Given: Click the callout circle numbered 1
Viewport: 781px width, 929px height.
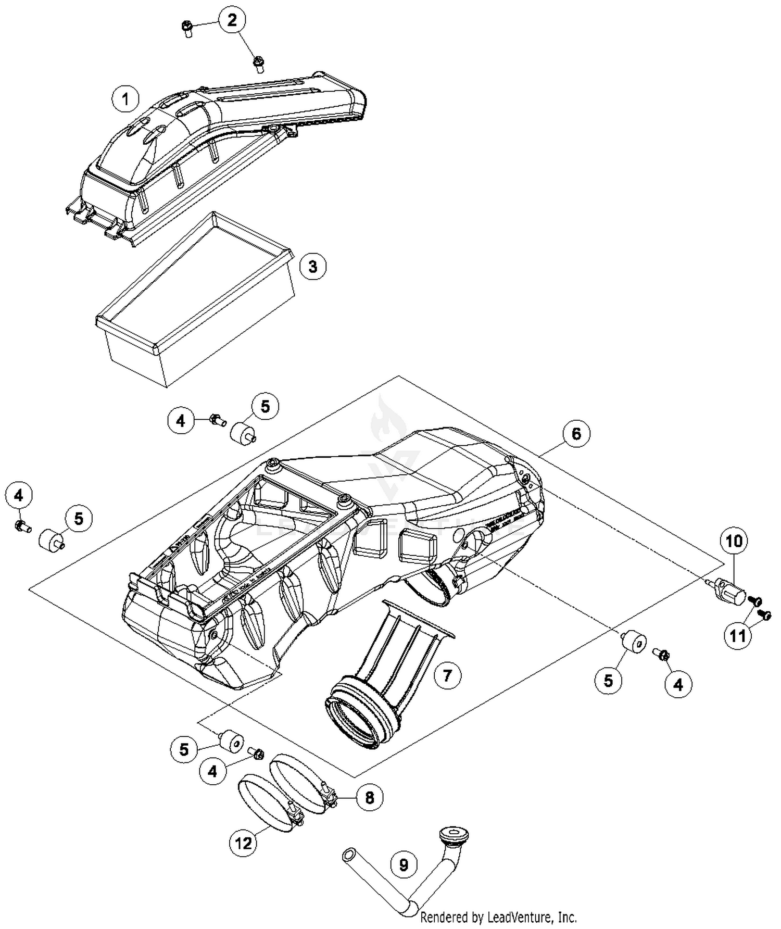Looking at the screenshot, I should coord(125,98).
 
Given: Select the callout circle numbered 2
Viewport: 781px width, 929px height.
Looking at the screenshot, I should coord(232,20).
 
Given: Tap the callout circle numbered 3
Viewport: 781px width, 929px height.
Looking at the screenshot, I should coord(312,267).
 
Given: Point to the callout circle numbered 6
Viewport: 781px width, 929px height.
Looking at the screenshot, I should coord(576,434).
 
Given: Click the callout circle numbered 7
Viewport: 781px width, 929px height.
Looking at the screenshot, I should coord(447,675).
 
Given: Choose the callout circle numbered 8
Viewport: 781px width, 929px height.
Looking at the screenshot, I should coord(370,798).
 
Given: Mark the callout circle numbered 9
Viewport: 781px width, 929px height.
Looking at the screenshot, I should coord(404,865).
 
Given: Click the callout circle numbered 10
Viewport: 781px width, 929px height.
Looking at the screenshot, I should coord(734,541).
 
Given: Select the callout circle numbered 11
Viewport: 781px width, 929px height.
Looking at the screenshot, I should coord(737,636).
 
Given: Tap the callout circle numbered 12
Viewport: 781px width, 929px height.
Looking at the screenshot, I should coord(244,843).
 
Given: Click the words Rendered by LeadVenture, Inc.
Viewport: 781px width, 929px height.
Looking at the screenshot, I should coord(498,917).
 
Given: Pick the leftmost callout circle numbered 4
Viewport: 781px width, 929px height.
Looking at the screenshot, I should coord(19,496).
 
